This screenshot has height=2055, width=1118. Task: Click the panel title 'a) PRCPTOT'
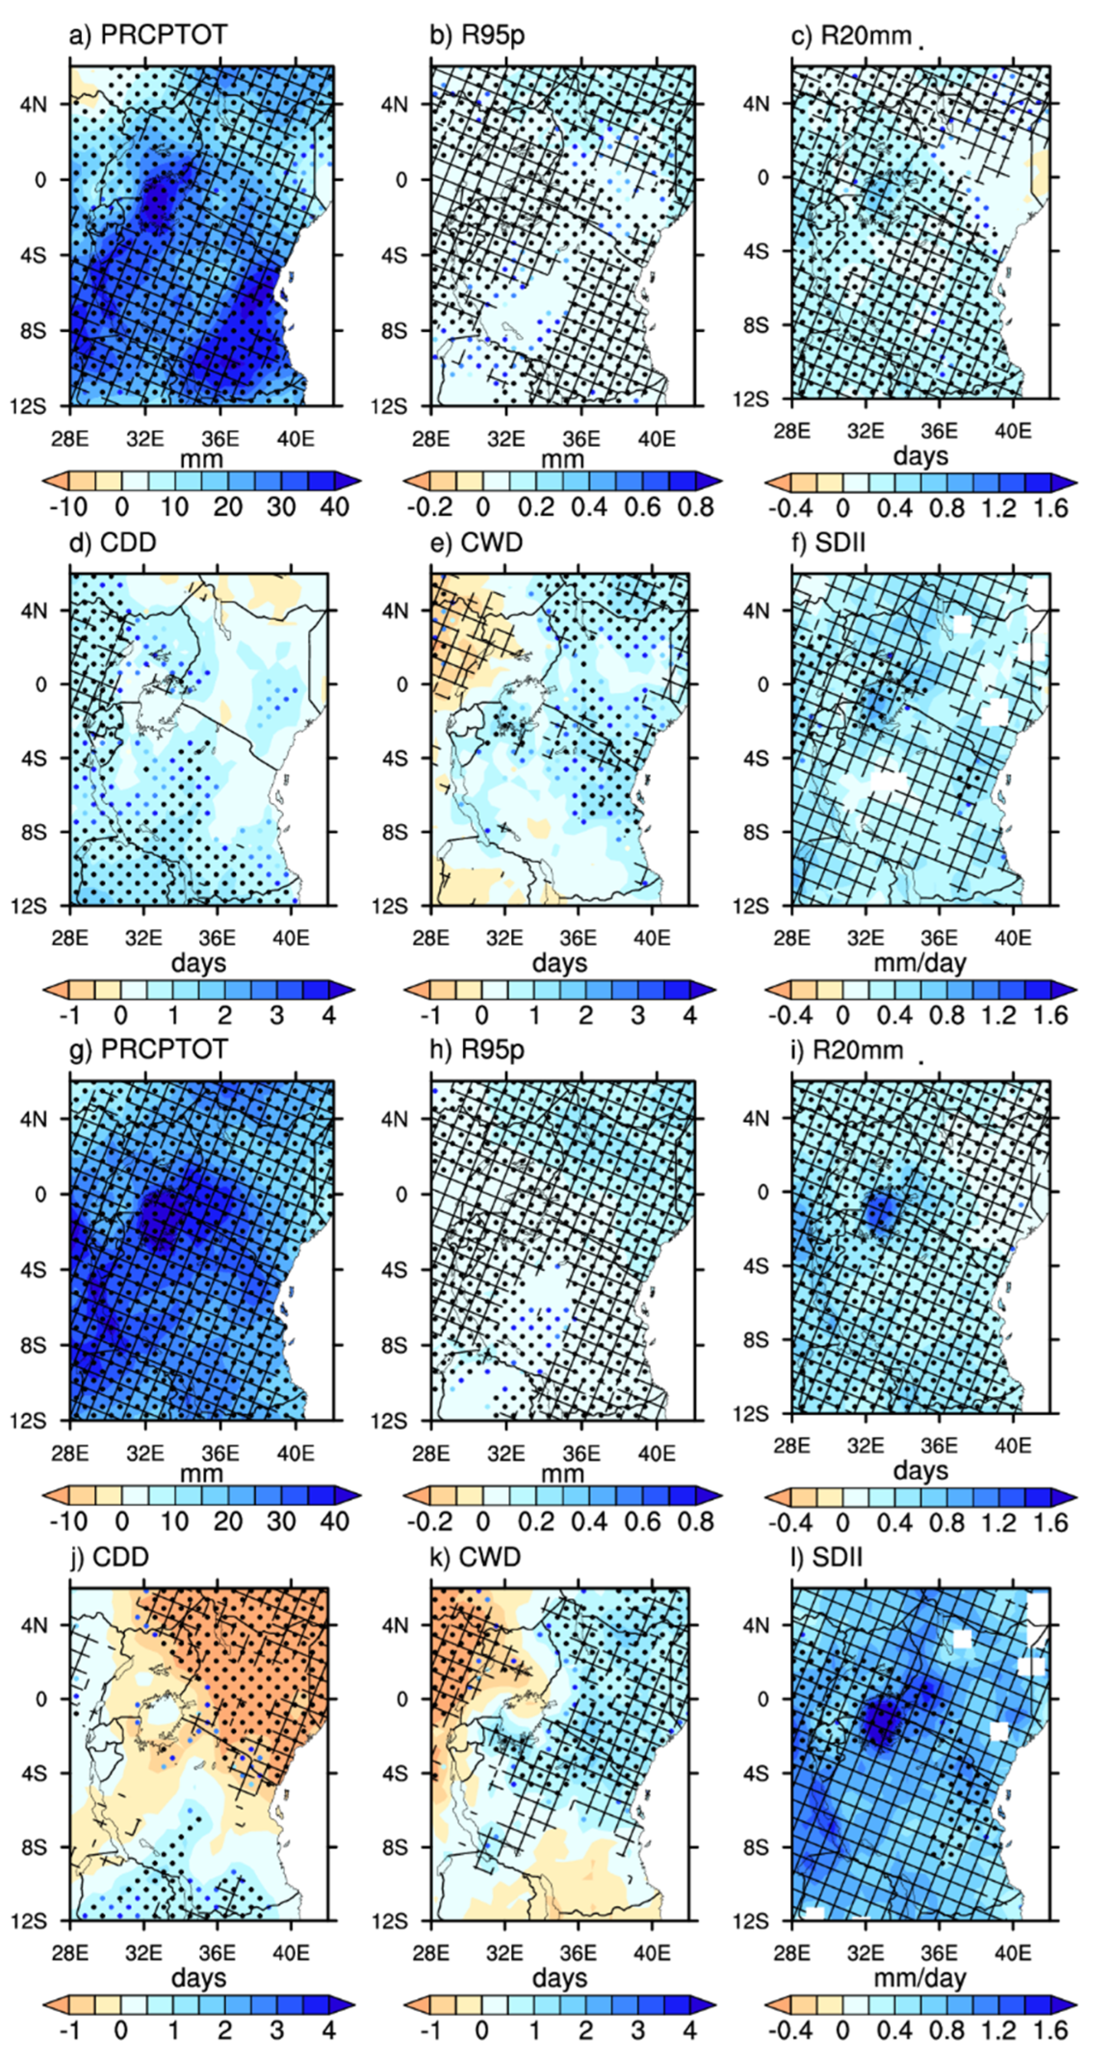(x=148, y=35)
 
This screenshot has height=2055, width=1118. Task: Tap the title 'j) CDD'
(x=110, y=1556)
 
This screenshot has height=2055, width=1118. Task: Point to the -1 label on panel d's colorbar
(x=67, y=1016)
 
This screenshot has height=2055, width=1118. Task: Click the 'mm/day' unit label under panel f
(x=920, y=964)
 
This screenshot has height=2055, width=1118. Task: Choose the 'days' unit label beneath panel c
(x=920, y=456)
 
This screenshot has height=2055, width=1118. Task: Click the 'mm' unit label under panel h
(x=562, y=1473)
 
